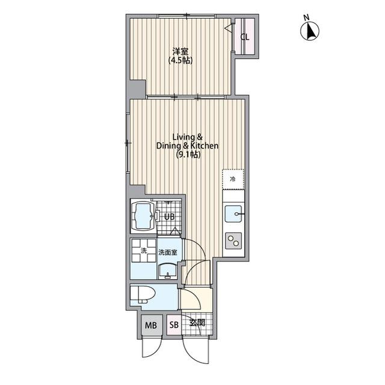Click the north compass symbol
click(x=310, y=31)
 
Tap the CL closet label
click(x=245, y=37)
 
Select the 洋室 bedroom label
click(x=180, y=51)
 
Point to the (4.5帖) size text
click(x=180, y=60)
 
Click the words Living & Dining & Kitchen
click(x=187, y=141)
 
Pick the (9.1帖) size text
click(x=188, y=155)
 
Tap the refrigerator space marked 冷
click(x=233, y=179)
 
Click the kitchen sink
click(x=233, y=214)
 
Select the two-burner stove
click(x=233, y=241)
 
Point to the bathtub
click(x=143, y=216)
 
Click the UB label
click(x=170, y=217)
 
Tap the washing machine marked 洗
click(x=144, y=250)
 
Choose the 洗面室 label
click(x=168, y=252)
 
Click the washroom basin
click(x=168, y=271)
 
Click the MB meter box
click(x=151, y=325)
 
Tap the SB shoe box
click(x=174, y=325)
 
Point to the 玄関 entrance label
click(x=197, y=322)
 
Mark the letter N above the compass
click(x=306, y=17)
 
